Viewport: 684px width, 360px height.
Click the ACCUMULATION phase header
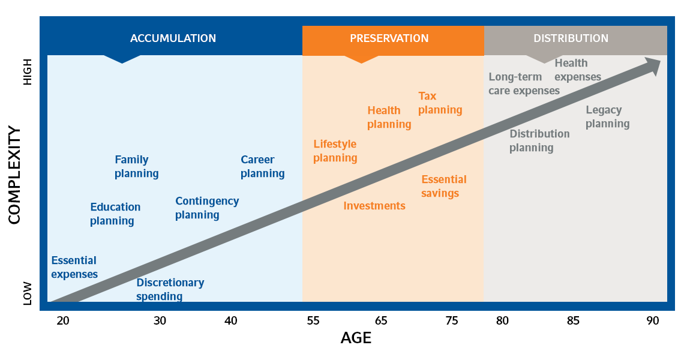click(x=173, y=38)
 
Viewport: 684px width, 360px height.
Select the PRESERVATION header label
click(x=389, y=38)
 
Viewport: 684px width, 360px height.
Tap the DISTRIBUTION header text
click(x=571, y=38)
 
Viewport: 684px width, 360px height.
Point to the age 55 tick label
click(x=313, y=320)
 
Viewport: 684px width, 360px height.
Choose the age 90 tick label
click(x=653, y=320)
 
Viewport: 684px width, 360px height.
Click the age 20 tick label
click(x=63, y=320)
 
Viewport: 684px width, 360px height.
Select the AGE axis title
click(x=356, y=338)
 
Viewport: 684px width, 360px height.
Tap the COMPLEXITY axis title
click(x=15, y=175)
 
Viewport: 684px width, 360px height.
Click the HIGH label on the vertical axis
click(x=28, y=74)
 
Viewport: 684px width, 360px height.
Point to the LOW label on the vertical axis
click(x=28, y=294)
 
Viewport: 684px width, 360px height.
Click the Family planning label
click(x=136, y=167)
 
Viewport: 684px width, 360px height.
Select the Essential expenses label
click(x=74, y=268)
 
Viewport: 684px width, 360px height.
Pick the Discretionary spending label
click(x=170, y=289)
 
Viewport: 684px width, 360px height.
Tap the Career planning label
click(x=262, y=167)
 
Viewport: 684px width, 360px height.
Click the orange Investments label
click(x=374, y=206)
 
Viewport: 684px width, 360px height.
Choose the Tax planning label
click(x=440, y=103)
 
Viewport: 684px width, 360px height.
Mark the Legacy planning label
click(x=607, y=117)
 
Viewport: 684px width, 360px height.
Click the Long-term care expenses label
click(x=524, y=84)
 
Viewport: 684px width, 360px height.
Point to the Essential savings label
click(x=443, y=187)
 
